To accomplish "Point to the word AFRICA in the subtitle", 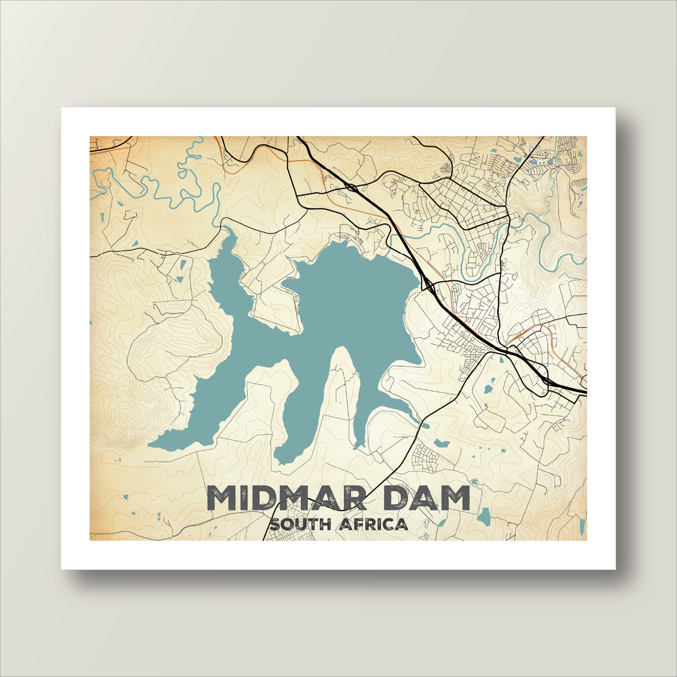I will pos(373,526).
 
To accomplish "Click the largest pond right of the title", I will pos(485,516).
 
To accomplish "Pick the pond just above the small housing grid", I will pos(441,443).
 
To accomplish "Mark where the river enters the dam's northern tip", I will pos(227,231).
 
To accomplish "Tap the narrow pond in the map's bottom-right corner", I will pos(581,526).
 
